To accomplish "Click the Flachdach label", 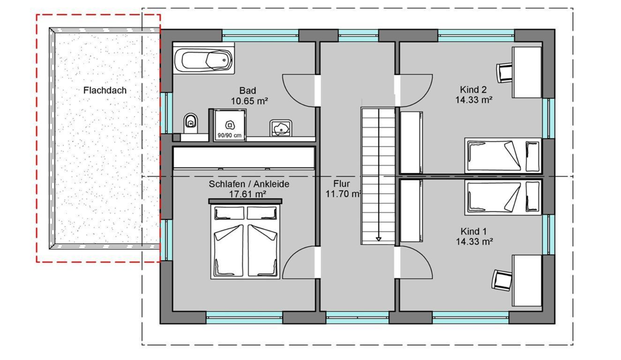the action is (x=105, y=90).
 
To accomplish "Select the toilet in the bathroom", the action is (x=190, y=123).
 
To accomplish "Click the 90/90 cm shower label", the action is (x=229, y=135).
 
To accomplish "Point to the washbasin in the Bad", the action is (x=281, y=128).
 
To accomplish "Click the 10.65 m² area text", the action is (x=249, y=101).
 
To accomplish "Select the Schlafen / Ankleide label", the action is (x=249, y=184).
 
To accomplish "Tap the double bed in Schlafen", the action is (x=245, y=239).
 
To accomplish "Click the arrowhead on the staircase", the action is (x=378, y=239).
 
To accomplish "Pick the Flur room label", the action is (x=341, y=184).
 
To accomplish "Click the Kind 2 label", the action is (x=473, y=90).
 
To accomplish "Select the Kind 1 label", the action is (x=473, y=231).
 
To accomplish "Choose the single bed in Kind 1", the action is (x=503, y=197).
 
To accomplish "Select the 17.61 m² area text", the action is (x=247, y=194).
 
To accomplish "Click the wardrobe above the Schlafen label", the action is (x=244, y=158).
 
